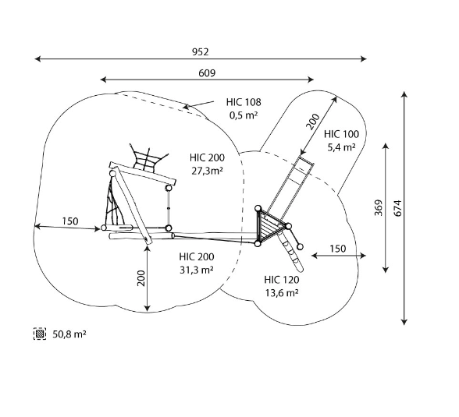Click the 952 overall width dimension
point(201,52)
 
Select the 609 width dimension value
point(207,72)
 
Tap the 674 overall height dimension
point(398,208)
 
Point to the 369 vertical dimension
point(379,208)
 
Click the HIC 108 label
point(244,102)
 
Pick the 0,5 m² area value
point(244,115)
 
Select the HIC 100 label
point(341,134)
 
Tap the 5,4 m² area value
point(341,147)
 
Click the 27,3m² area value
point(208,171)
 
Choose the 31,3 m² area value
point(197,270)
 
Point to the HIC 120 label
point(282,280)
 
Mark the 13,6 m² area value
point(282,292)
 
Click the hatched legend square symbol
point(40,334)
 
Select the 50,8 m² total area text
point(69,334)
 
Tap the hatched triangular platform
point(269,225)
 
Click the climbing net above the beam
point(148,160)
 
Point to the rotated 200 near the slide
point(312,122)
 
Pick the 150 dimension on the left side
point(70,221)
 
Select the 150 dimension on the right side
point(338,249)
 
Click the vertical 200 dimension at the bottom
point(141,278)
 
